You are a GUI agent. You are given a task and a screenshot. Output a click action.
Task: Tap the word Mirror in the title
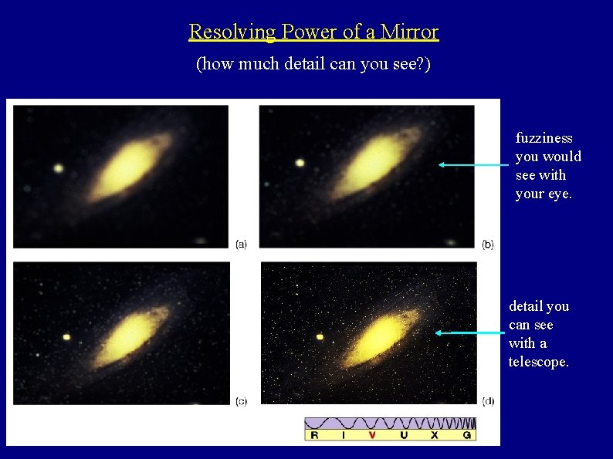[x=412, y=32]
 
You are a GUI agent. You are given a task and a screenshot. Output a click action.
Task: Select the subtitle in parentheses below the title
[x=313, y=64]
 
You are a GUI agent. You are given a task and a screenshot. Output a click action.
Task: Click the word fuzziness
[x=544, y=138]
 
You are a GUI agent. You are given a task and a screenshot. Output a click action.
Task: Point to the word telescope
[x=538, y=362]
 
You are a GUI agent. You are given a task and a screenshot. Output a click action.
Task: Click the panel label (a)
[x=241, y=244]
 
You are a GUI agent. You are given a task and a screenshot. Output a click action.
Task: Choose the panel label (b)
[x=488, y=244]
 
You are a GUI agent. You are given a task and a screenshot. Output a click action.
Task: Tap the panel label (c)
[x=241, y=401]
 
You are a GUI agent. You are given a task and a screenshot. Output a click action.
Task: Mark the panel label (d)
[x=488, y=401]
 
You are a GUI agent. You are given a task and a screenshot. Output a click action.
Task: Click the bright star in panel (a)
[x=58, y=167]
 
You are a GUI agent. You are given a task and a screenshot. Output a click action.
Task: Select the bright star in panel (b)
[x=300, y=162]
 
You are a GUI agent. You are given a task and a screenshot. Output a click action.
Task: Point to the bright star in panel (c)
[x=66, y=337]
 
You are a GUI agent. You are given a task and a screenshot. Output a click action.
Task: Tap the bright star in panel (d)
[x=320, y=336]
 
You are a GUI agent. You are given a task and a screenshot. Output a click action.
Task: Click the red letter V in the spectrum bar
[x=372, y=435]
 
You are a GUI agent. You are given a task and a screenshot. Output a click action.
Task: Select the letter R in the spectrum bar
[x=313, y=435]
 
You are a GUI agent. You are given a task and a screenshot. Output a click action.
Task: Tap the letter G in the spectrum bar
[x=466, y=435]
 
